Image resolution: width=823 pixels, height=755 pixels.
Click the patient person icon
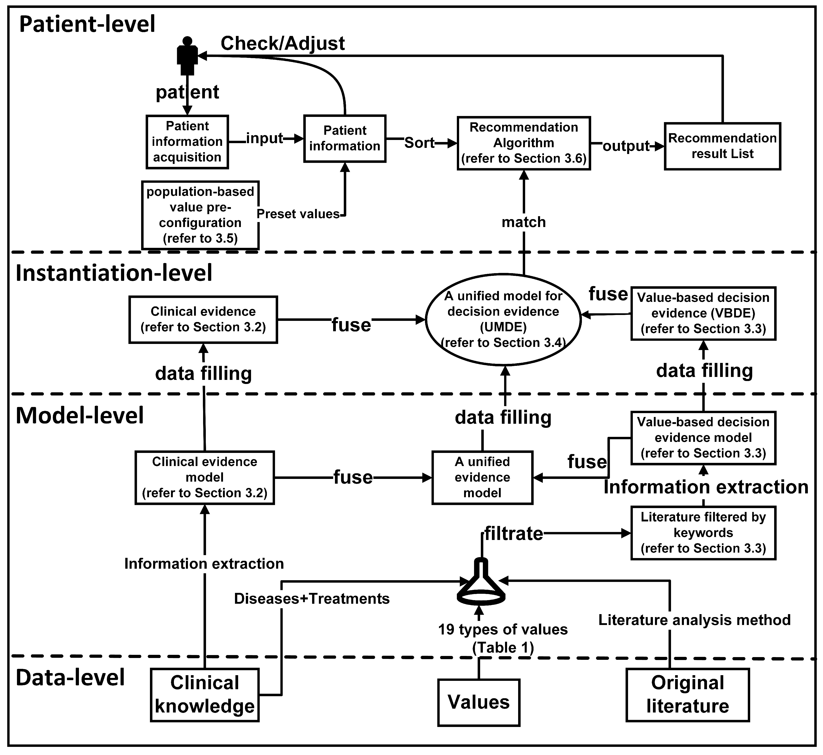click(x=187, y=56)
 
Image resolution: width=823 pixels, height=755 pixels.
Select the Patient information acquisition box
click(x=187, y=142)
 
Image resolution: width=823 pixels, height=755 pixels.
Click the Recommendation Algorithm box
click(x=524, y=143)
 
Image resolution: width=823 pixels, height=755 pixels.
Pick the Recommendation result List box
click(x=722, y=146)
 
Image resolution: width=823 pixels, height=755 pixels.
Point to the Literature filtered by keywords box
click(x=703, y=533)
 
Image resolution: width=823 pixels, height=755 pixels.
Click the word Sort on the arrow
click(x=419, y=143)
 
